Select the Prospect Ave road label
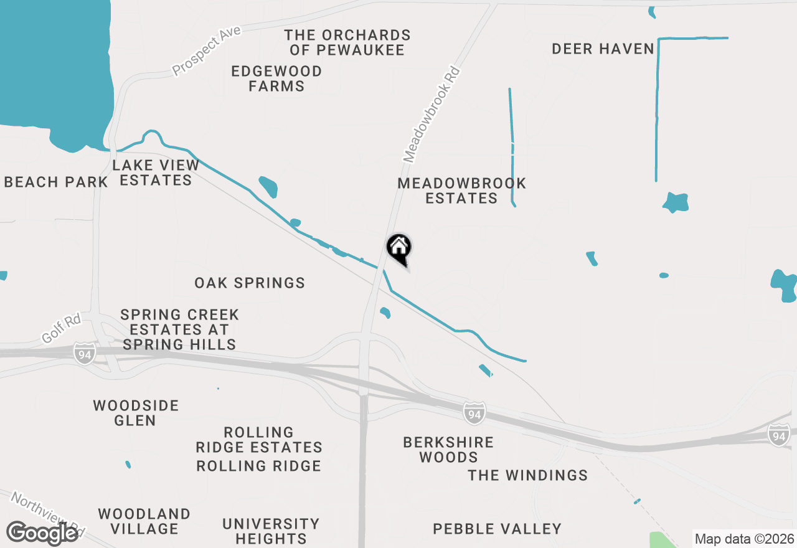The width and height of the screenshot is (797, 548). (x=206, y=55)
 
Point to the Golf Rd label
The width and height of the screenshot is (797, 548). (x=62, y=329)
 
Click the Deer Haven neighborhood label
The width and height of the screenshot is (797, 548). (x=603, y=49)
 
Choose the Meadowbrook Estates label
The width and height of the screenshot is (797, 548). (x=461, y=191)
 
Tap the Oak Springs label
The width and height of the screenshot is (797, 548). (x=250, y=283)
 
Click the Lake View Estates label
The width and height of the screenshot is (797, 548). (x=156, y=172)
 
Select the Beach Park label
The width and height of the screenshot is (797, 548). (x=56, y=182)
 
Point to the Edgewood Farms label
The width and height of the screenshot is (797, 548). (x=276, y=78)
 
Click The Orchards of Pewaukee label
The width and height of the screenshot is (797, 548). (x=347, y=42)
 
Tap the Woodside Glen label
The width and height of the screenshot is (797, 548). (x=136, y=413)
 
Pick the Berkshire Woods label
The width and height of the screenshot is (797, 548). (x=448, y=450)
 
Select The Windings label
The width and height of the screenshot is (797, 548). (x=527, y=475)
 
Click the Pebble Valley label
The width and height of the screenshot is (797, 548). (x=497, y=529)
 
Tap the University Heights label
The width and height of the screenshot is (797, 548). (x=271, y=531)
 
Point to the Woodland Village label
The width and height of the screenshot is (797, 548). (x=144, y=521)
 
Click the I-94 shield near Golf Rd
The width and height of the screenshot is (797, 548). (x=84, y=353)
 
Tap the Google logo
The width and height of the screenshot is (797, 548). (x=42, y=534)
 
